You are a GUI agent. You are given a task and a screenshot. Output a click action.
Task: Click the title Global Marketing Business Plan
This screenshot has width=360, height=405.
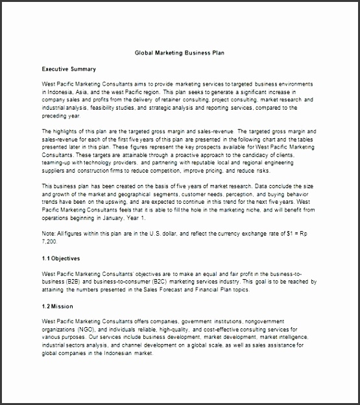180,54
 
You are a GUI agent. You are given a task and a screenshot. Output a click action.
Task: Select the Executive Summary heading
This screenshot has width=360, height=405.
69,69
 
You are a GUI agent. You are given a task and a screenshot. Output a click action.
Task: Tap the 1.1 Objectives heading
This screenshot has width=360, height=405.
62,258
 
